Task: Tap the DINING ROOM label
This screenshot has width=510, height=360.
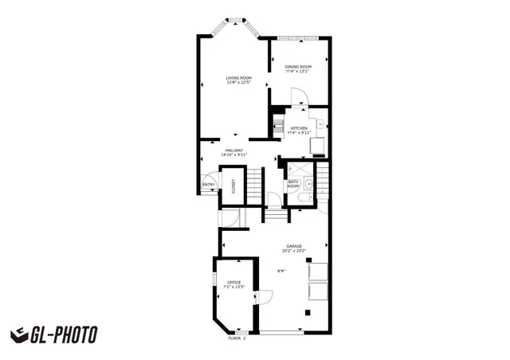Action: click(x=298, y=66)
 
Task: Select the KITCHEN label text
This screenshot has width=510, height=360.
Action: click(x=299, y=128)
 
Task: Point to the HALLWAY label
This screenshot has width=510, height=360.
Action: click(x=233, y=151)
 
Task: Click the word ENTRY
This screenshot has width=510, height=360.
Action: click(x=209, y=185)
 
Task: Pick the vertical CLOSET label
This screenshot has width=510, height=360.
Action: click(x=233, y=186)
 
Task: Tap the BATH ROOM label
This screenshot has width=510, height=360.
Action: click(x=293, y=185)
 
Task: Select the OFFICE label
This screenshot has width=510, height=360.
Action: click(x=233, y=283)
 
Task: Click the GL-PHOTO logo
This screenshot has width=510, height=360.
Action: click(x=53, y=335)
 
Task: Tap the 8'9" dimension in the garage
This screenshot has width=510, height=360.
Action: click(x=281, y=272)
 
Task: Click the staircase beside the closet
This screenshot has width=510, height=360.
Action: click(x=253, y=186)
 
